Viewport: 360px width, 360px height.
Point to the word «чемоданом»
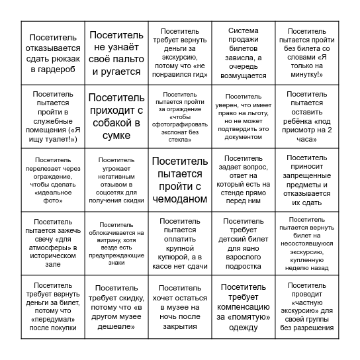(x=179, y=200)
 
